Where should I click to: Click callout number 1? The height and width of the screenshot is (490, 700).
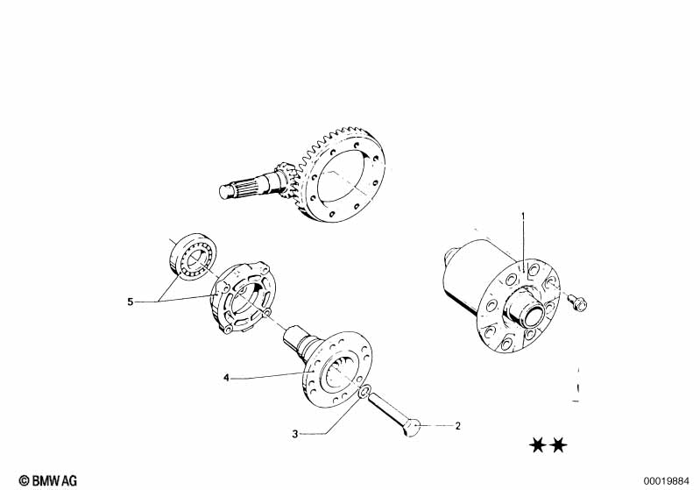point(524,217)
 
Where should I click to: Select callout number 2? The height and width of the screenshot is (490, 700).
point(457,426)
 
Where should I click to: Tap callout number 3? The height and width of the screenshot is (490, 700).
point(294,434)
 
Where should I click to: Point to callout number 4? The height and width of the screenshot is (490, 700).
point(226,379)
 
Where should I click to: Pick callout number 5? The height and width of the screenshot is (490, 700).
point(130,302)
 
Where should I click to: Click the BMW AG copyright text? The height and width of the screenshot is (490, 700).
point(48,480)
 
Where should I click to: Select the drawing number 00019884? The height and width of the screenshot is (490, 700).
point(666,481)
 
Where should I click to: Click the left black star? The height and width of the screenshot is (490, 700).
point(538,445)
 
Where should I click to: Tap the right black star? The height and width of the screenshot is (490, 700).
point(558,445)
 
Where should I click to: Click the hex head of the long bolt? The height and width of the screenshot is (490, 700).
point(412,429)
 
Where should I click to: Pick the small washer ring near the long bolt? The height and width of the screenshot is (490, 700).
point(364,392)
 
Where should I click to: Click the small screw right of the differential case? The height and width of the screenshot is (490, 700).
point(577,302)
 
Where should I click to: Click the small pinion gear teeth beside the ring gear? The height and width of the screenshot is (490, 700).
point(285,179)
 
